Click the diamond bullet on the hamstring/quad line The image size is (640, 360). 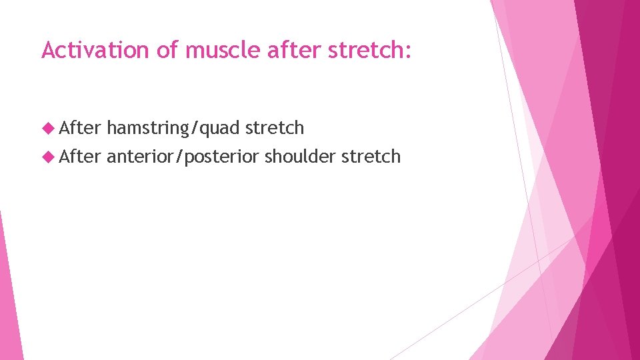pyautogui.click(x=47, y=127)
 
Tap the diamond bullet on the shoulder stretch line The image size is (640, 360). pyautogui.click(x=47, y=157)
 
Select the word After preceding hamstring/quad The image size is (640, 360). pyautogui.click(x=80, y=127)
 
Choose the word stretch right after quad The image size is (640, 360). pyautogui.click(x=275, y=127)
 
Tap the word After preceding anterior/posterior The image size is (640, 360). pyautogui.click(x=80, y=157)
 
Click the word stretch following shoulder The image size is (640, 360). pyautogui.click(x=371, y=157)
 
